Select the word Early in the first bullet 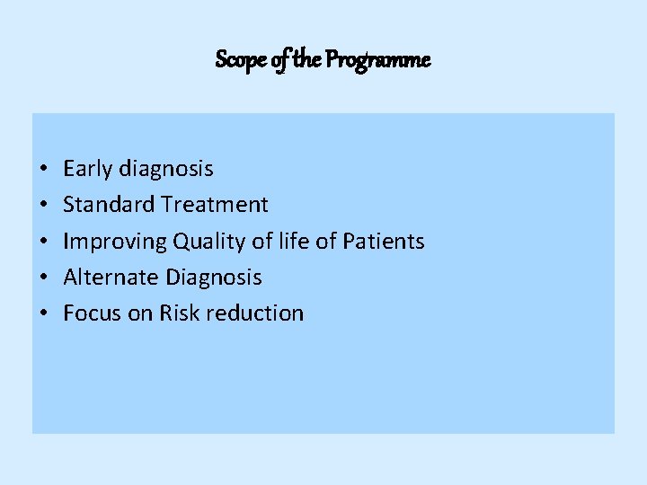point(87,169)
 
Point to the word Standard point(110,205)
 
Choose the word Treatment point(215,205)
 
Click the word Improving point(115,242)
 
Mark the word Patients point(384,241)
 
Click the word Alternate point(111,277)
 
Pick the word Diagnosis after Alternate point(214,278)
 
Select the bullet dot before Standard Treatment point(43,206)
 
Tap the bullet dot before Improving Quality point(43,242)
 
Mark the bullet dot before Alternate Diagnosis point(43,278)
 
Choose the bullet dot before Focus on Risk point(43,313)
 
